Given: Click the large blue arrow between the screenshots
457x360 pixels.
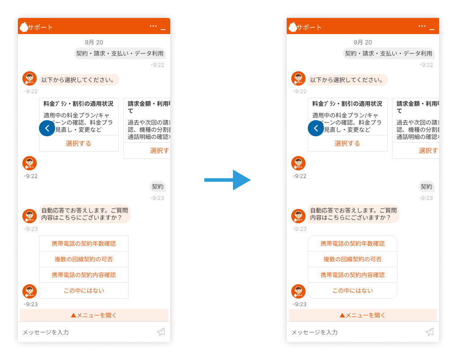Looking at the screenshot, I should [227, 180].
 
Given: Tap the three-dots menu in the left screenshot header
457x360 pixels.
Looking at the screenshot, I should [153, 26].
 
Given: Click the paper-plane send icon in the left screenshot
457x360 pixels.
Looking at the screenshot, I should [161, 332].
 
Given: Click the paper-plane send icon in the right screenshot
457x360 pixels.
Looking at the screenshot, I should [430, 332].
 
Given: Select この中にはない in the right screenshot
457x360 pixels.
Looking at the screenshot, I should [353, 291].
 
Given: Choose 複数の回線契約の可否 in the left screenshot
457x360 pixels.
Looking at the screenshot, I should [84, 259].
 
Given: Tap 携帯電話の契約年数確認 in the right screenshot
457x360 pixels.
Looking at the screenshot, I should [353, 243].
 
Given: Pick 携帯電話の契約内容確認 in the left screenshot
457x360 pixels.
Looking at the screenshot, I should [84, 275].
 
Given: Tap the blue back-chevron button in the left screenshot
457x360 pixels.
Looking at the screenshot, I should [47, 128].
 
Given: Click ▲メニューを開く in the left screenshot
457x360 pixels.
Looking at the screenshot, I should [94, 315].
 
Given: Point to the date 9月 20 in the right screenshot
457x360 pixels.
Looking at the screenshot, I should [363, 42].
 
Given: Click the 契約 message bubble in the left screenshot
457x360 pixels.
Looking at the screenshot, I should [158, 187].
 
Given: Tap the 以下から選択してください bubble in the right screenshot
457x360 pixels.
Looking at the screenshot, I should [347, 80].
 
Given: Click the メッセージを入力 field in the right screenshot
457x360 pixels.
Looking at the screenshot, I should [349, 332].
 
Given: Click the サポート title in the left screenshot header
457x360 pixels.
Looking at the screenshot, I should [40, 27].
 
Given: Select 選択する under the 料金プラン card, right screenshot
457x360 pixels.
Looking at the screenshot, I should [347, 143].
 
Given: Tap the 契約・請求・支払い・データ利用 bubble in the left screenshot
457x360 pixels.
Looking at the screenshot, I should [120, 53].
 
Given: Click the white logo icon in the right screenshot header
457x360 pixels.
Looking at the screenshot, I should [293, 27].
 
